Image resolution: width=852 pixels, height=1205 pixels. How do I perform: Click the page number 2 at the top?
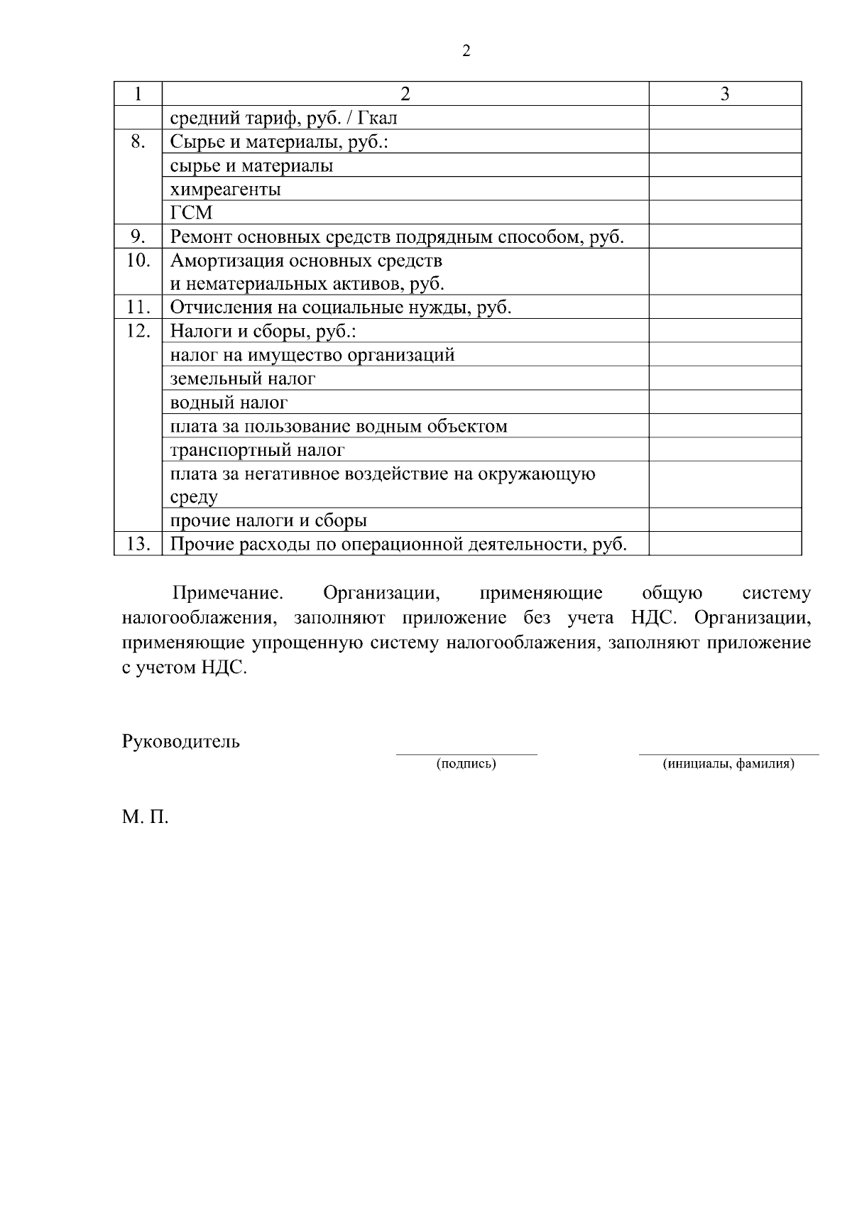click(x=466, y=51)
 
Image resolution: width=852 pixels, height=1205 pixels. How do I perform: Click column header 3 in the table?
click(x=725, y=94)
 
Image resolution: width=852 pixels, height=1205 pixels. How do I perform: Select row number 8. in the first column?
click(x=138, y=142)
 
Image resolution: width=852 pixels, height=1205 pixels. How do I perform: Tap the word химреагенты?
click(x=226, y=190)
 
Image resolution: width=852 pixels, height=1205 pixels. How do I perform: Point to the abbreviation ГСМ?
click(x=192, y=213)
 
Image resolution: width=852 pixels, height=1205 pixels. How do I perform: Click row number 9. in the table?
click(x=138, y=236)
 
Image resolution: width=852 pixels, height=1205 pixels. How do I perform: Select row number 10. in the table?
click(x=138, y=261)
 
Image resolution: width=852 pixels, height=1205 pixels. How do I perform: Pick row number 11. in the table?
click(x=138, y=307)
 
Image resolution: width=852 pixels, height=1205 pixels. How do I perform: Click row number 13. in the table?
click(x=138, y=544)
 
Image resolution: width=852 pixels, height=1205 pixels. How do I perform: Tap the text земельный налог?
click(x=243, y=378)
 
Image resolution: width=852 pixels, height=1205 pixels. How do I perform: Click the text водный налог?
click(x=229, y=403)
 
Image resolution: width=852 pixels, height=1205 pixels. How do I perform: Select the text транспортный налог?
click(x=258, y=450)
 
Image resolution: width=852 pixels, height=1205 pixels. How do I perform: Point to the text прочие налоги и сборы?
click(x=268, y=520)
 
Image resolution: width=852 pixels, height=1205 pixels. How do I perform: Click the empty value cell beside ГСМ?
click(x=725, y=213)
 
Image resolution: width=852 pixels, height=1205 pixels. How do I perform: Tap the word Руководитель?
click(x=181, y=742)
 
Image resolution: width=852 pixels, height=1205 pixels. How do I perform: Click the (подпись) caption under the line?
click(x=466, y=764)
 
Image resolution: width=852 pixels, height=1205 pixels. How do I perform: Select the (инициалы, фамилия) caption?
click(x=728, y=764)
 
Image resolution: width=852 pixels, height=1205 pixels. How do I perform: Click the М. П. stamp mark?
click(x=146, y=817)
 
